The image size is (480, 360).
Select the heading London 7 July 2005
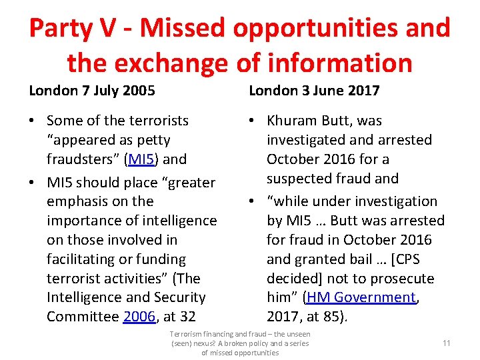point(92,90)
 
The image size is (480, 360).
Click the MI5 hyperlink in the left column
point(142,159)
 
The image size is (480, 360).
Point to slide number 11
point(447,343)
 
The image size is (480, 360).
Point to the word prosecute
point(401,278)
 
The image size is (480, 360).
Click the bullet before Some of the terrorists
point(33,121)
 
